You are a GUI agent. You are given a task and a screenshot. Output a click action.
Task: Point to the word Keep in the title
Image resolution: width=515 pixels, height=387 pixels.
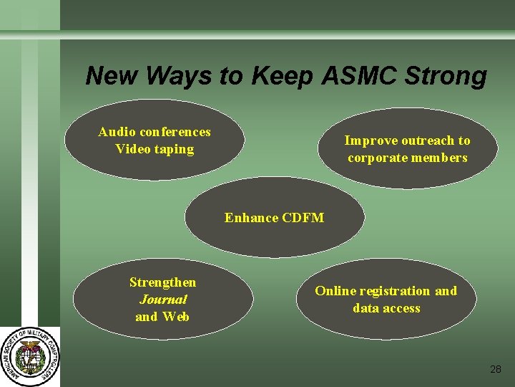(x=282, y=76)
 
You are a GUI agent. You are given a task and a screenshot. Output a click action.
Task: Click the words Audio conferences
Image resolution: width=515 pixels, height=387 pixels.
(x=154, y=132)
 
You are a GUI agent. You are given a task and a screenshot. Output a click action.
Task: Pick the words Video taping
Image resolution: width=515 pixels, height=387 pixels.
(x=154, y=149)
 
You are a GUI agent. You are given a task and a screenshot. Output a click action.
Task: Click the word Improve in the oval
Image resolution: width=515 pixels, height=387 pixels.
(x=371, y=140)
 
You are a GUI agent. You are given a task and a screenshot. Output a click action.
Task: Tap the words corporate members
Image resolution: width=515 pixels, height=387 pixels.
(x=407, y=158)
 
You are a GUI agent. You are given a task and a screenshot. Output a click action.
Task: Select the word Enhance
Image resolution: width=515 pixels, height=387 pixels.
(x=251, y=217)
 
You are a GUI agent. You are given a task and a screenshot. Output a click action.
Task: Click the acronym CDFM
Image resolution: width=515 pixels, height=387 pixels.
(x=303, y=217)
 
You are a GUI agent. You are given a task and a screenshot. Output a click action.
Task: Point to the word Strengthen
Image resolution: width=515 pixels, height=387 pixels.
(x=162, y=282)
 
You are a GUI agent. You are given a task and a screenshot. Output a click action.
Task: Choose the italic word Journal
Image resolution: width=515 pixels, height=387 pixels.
(x=162, y=300)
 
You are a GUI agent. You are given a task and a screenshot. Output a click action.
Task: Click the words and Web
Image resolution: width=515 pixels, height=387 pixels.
(x=162, y=317)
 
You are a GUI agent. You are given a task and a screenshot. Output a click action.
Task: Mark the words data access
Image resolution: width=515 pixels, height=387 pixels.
(x=386, y=308)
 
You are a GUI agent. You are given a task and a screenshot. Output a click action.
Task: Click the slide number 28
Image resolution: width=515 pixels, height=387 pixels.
(x=496, y=369)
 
